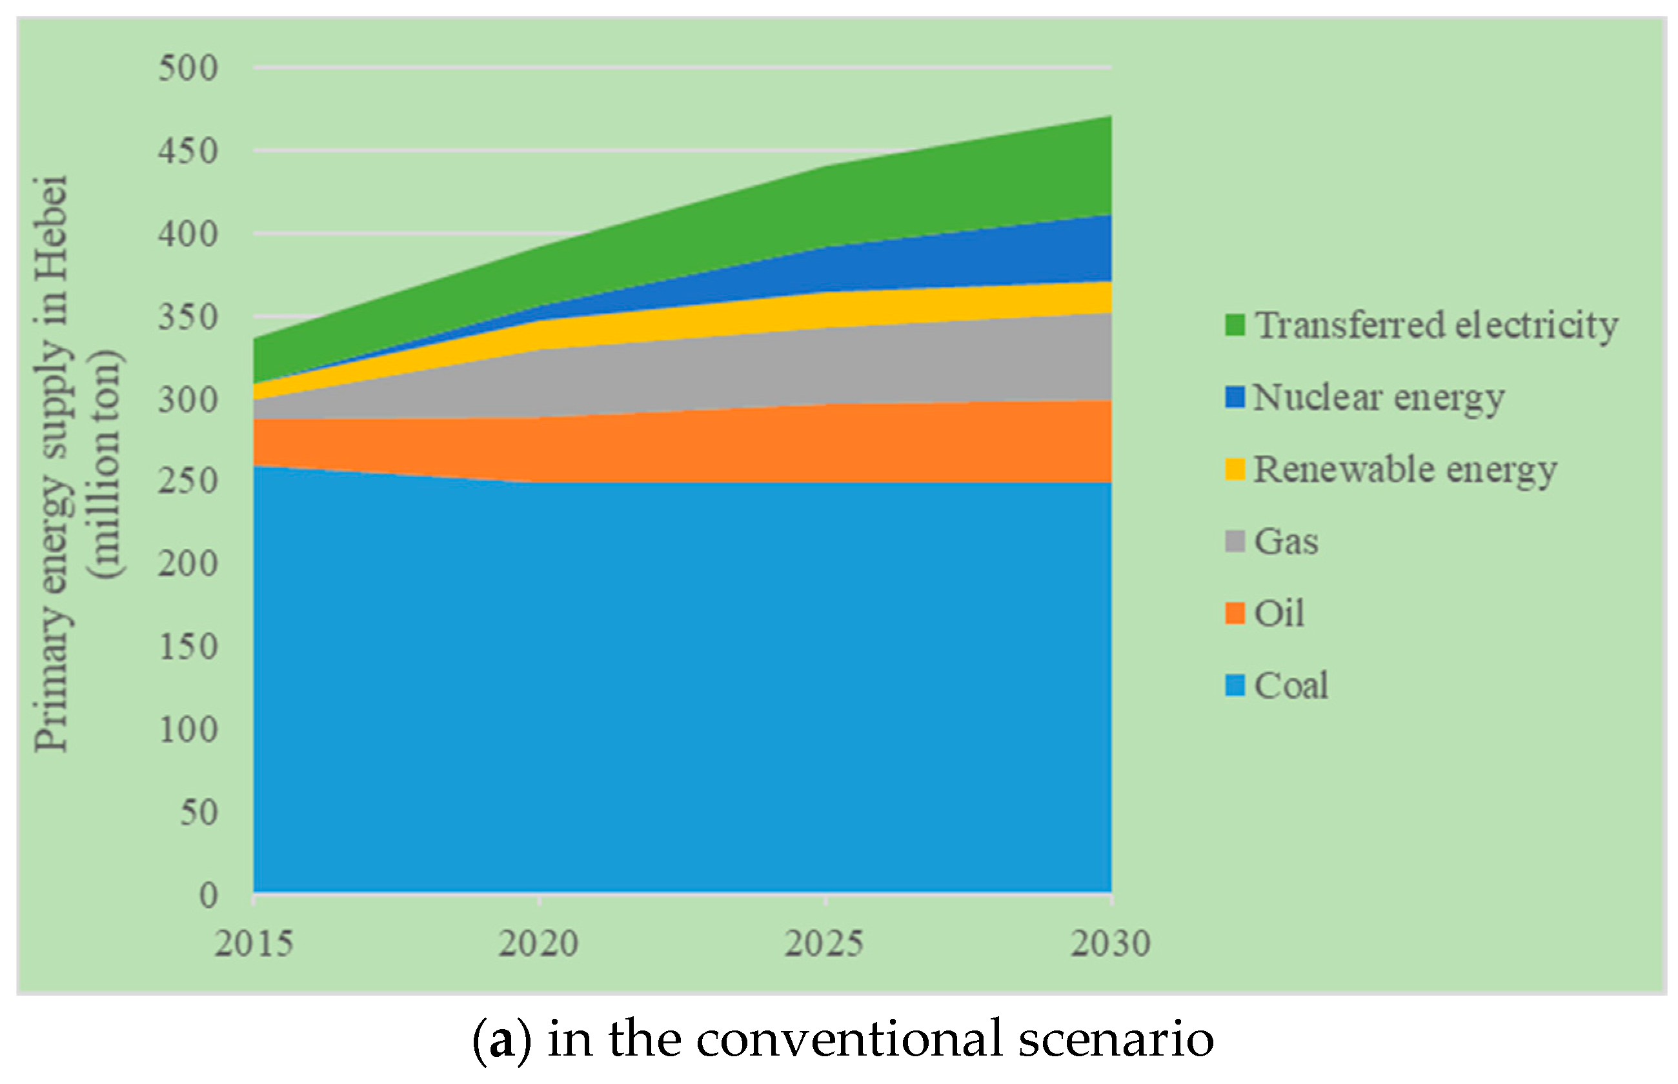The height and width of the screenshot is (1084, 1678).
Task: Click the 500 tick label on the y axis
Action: [188, 69]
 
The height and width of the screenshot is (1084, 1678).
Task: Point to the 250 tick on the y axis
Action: [188, 482]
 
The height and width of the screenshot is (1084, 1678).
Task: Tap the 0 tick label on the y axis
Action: [208, 896]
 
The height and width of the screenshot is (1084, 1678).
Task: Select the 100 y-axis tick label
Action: [188, 730]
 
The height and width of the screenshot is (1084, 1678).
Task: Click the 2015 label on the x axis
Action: [254, 943]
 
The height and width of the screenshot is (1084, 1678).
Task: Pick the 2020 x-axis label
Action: [538, 943]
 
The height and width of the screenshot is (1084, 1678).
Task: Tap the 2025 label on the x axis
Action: [824, 943]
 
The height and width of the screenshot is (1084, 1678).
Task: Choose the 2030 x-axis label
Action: [1110, 943]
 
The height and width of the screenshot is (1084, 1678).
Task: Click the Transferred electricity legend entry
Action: [1436, 326]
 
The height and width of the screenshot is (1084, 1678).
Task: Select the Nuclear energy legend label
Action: [1378, 397]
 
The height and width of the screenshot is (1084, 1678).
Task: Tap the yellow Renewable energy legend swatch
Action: [1235, 470]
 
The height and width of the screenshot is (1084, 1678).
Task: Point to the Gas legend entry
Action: [1285, 541]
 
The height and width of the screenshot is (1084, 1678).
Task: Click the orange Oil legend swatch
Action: [1235, 613]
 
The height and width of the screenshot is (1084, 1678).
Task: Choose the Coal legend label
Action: [1291, 685]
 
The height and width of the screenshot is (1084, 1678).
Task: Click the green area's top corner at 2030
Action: [1109, 117]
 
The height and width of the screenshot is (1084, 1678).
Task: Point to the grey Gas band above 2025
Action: [824, 366]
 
